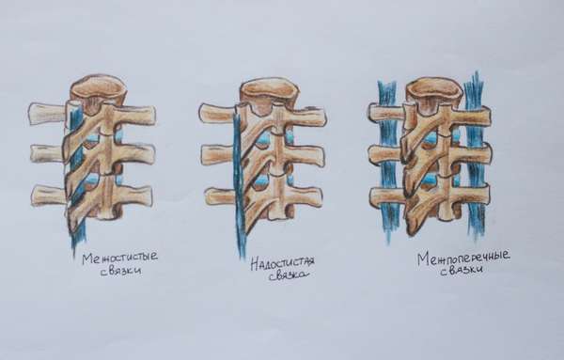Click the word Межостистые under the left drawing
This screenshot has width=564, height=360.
point(119,258)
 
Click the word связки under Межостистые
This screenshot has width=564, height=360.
point(120,271)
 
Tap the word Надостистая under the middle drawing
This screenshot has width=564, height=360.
point(282,263)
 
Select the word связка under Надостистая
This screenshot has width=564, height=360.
point(289,276)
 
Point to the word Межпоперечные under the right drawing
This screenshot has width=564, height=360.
point(463,258)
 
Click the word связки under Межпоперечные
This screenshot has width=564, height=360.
point(462,271)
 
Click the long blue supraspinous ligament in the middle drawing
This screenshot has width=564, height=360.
point(239,183)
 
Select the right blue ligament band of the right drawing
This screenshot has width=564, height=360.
point(475,156)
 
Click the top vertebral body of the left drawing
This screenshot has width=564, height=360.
point(98,90)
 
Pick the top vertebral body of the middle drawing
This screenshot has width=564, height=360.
point(270,92)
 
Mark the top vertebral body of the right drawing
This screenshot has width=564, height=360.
point(434,92)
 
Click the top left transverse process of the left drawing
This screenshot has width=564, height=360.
point(49,114)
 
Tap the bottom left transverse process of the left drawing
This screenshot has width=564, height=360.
point(50,196)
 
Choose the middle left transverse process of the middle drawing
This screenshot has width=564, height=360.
point(219,155)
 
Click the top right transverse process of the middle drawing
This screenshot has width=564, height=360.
point(305,117)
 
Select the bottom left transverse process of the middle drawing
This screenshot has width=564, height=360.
point(221,196)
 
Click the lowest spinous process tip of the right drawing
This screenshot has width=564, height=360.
point(411,229)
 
